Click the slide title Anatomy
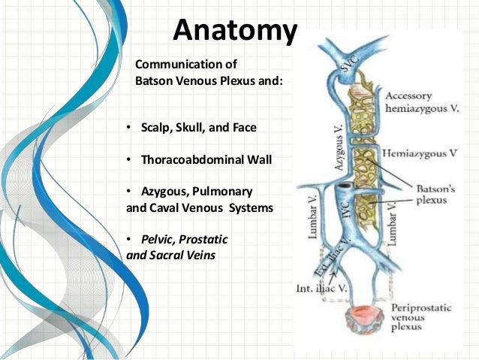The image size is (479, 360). click(x=234, y=30)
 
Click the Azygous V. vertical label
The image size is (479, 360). click(x=338, y=147)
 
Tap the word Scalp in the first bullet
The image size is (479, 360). click(x=156, y=128)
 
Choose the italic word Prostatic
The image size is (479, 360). click(x=201, y=239)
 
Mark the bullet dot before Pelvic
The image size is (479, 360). click(x=130, y=239)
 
